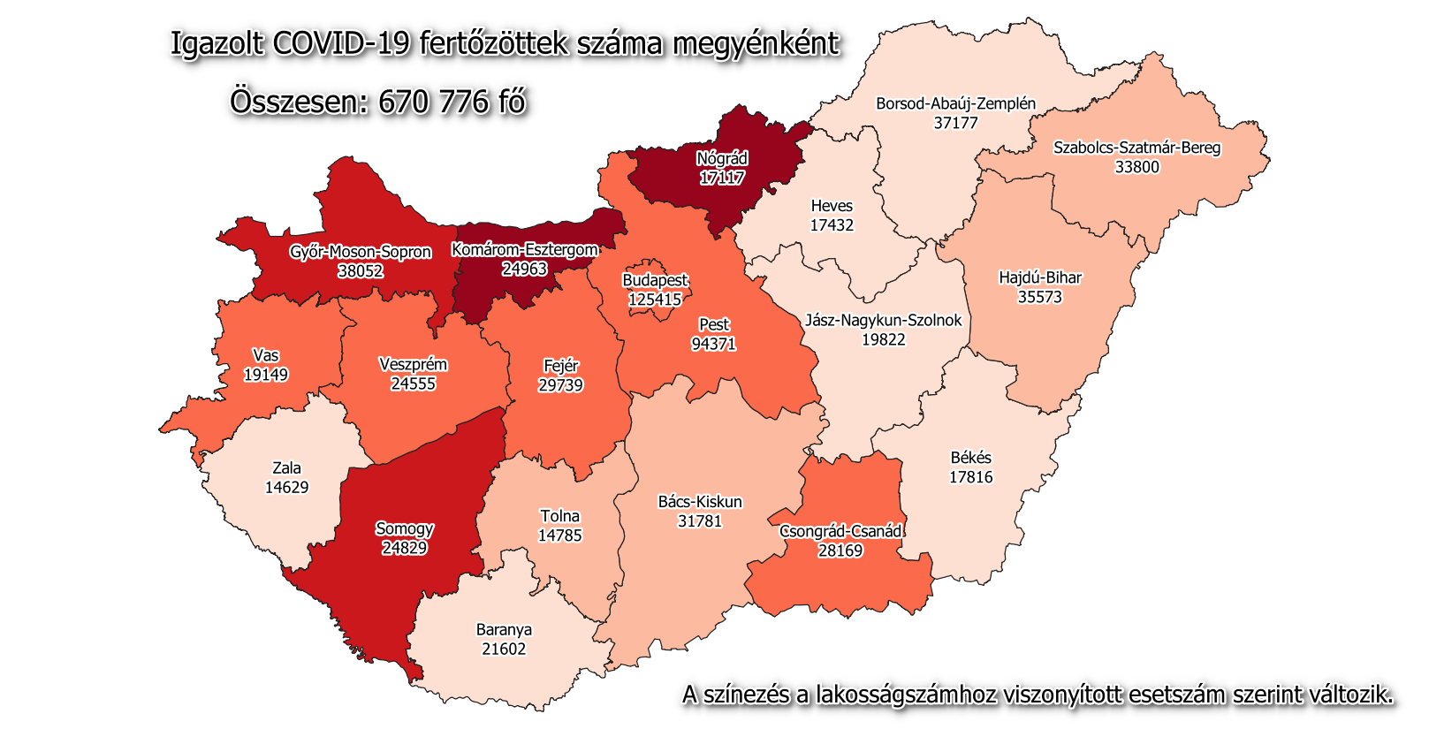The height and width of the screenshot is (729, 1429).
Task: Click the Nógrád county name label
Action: [722, 159]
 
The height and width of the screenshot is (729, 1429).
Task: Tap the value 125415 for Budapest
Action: [655, 300]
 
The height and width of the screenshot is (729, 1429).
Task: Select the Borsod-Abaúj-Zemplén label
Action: [955, 103]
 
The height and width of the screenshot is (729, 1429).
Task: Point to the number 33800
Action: [1136, 167]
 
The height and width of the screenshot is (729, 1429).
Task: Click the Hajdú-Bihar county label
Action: [1039, 277]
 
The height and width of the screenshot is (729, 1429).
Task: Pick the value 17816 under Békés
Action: [970, 477]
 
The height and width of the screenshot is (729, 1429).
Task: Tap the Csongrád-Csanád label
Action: [840, 531]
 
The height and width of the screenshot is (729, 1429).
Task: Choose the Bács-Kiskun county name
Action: [700, 502]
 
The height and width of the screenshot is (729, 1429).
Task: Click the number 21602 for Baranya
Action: [504, 649]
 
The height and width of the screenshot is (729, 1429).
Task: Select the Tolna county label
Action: [559, 516]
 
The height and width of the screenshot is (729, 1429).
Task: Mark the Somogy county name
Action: [404, 528]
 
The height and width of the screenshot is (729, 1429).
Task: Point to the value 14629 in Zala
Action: [286, 487]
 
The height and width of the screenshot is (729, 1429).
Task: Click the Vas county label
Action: [265, 355]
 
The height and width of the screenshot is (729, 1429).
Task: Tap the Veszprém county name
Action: [413, 364]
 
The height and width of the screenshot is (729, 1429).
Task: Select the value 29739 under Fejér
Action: [560, 385]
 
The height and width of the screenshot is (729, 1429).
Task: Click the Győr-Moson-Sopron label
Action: [361, 252]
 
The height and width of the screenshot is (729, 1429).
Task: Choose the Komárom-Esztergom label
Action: [524, 250]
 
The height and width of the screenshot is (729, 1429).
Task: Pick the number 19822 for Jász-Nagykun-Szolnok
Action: [883, 339]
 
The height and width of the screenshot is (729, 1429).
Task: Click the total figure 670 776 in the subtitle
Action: [433, 103]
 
